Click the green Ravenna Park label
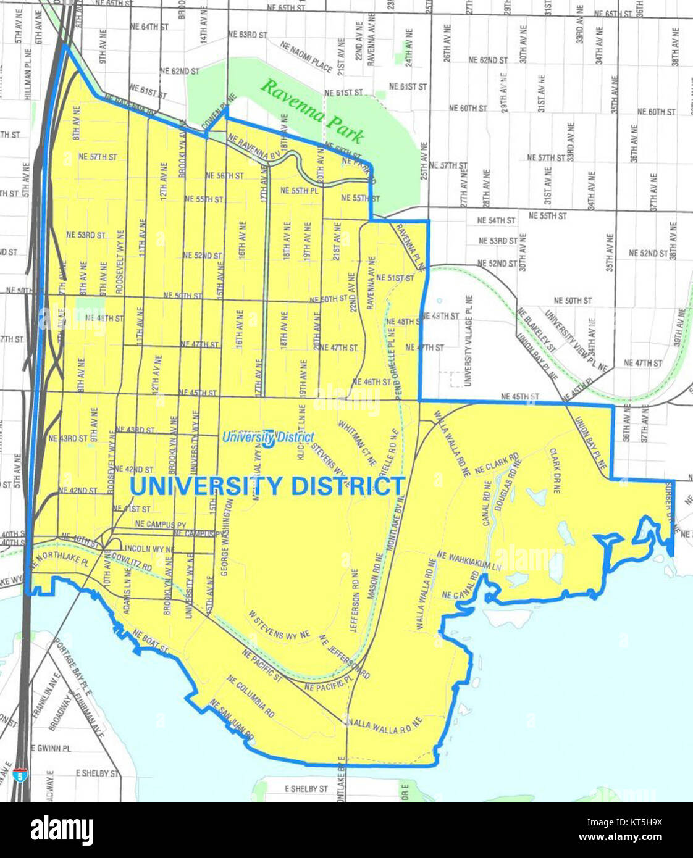(311, 110)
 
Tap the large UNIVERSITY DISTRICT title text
(267, 486)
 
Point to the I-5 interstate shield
(22, 775)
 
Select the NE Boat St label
(150, 642)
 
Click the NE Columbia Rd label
(251, 696)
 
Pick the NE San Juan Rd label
(232, 720)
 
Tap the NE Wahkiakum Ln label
(468, 560)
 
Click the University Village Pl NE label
(468, 340)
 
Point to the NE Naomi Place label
(306, 56)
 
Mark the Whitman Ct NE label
(357, 443)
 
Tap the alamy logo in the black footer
(62, 830)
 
